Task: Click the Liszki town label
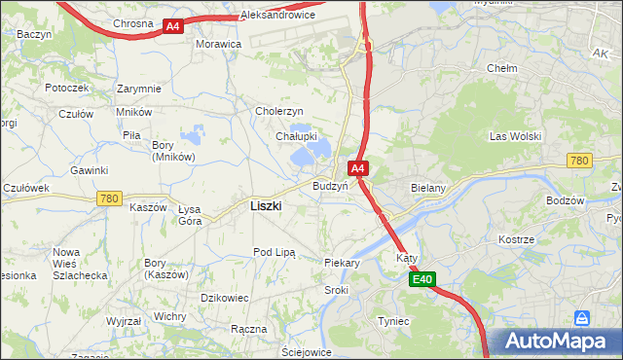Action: click(x=266, y=206)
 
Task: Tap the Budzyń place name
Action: click(x=330, y=186)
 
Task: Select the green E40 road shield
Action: click(x=421, y=280)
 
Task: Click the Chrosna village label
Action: click(x=132, y=22)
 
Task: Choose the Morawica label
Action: click(x=218, y=45)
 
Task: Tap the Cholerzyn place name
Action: click(x=280, y=112)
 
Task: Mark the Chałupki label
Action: click(x=293, y=136)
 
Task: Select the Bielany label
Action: click(x=428, y=186)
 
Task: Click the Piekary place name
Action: click(x=342, y=263)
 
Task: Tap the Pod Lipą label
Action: click(x=274, y=252)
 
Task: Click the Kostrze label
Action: click(x=516, y=239)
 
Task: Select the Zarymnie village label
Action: click(x=139, y=89)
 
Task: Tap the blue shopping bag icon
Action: click(x=582, y=318)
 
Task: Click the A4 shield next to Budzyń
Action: click(x=358, y=168)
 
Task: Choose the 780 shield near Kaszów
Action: click(x=109, y=198)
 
